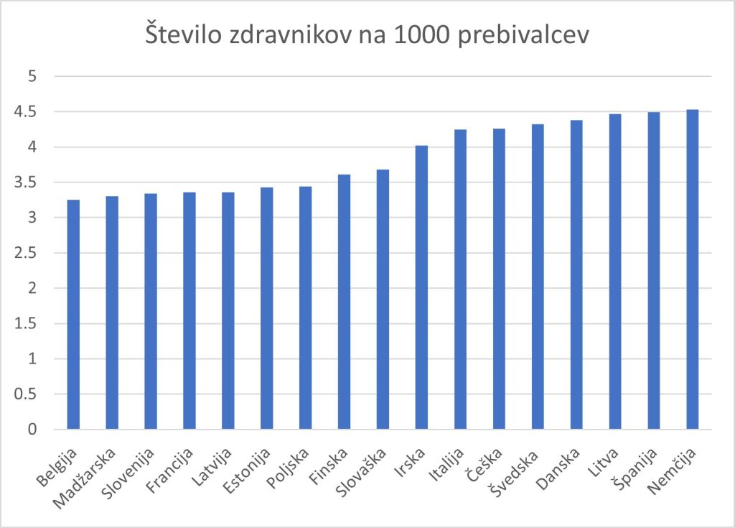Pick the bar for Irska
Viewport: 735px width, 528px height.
421,287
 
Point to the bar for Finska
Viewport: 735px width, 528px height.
344,302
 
